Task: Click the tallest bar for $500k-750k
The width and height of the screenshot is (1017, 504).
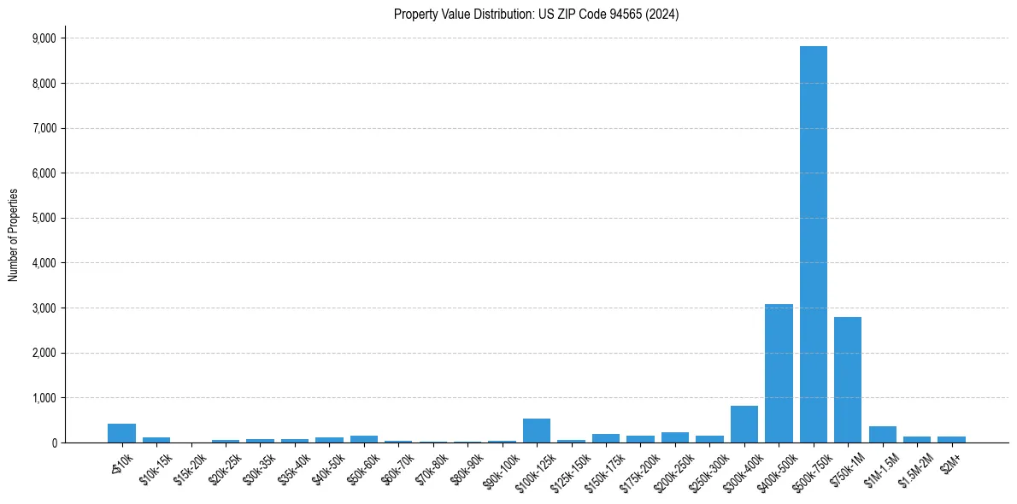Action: pyautogui.click(x=813, y=244)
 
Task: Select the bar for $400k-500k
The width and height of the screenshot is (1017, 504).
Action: pyautogui.click(x=779, y=373)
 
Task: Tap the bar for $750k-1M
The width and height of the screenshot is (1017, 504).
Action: pyautogui.click(x=848, y=379)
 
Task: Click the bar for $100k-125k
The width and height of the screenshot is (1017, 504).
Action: pyautogui.click(x=537, y=431)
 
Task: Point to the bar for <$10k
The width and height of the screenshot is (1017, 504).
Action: pyautogui.click(x=121, y=433)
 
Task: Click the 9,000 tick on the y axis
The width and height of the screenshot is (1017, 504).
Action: pyautogui.click(x=44, y=38)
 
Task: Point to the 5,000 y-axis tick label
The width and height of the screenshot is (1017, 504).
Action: pyautogui.click(x=44, y=218)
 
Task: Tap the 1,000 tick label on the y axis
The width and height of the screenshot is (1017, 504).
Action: pyautogui.click(x=44, y=398)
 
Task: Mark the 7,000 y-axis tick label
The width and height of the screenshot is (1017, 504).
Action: pyautogui.click(x=44, y=128)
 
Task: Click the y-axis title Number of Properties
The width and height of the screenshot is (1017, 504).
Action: pyautogui.click(x=14, y=235)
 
